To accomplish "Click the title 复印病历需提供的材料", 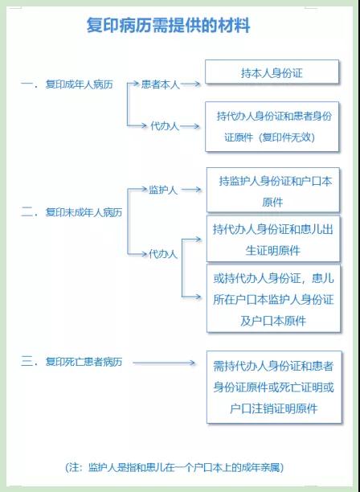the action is click(169, 26).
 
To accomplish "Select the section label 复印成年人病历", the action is click(79, 84).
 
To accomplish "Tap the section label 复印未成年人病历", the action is click(84, 212).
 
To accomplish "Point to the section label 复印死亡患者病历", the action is click(84, 362).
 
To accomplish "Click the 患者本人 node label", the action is click(161, 84).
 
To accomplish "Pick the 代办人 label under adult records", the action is click(165, 126).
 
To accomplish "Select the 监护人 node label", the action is click(163, 190).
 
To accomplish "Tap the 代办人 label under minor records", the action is click(163, 254).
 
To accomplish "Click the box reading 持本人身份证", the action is click(272, 72).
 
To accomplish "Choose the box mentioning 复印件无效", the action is click(272, 126).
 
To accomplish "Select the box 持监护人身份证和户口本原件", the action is click(273, 191).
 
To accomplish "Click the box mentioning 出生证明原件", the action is click(273, 239).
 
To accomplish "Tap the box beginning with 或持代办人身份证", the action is click(273, 298).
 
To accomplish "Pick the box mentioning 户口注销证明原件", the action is click(274, 387).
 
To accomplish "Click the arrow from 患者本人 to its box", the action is click(190, 84).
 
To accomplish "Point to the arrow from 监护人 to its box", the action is click(191, 190).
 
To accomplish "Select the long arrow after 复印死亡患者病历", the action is click(164, 363).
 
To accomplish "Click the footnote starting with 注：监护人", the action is click(174, 468).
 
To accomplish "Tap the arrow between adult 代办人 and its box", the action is click(190, 126).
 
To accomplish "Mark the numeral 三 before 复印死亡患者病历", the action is click(27, 362).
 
